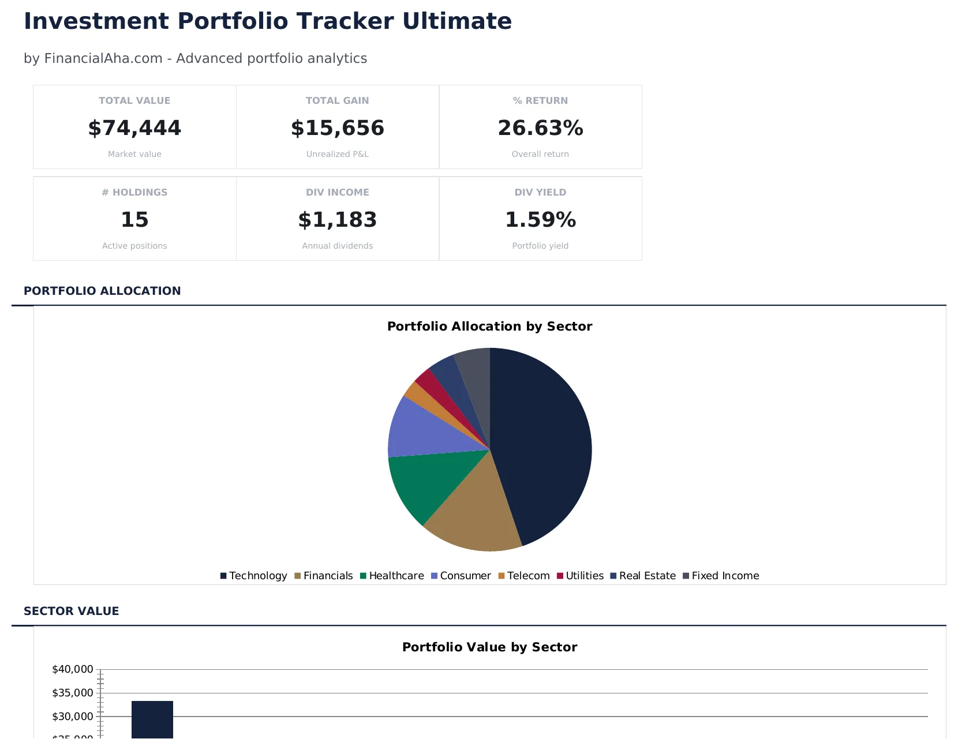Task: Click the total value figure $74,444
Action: tap(134, 128)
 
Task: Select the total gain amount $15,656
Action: tap(338, 128)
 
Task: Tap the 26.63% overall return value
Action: tap(540, 128)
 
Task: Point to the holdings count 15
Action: tap(134, 220)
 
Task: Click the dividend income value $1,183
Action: tap(338, 220)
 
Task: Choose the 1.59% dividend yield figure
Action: tap(540, 220)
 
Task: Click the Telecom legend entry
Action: tap(524, 576)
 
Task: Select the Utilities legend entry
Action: tap(580, 576)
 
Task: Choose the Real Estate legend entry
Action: tap(643, 576)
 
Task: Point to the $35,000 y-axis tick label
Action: tap(73, 693)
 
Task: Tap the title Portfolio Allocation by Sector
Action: tap(489, 327)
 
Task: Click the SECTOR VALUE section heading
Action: tap(71, 611)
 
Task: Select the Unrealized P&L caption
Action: tap(338, 154)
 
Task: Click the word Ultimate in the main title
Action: tap(456, 21)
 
